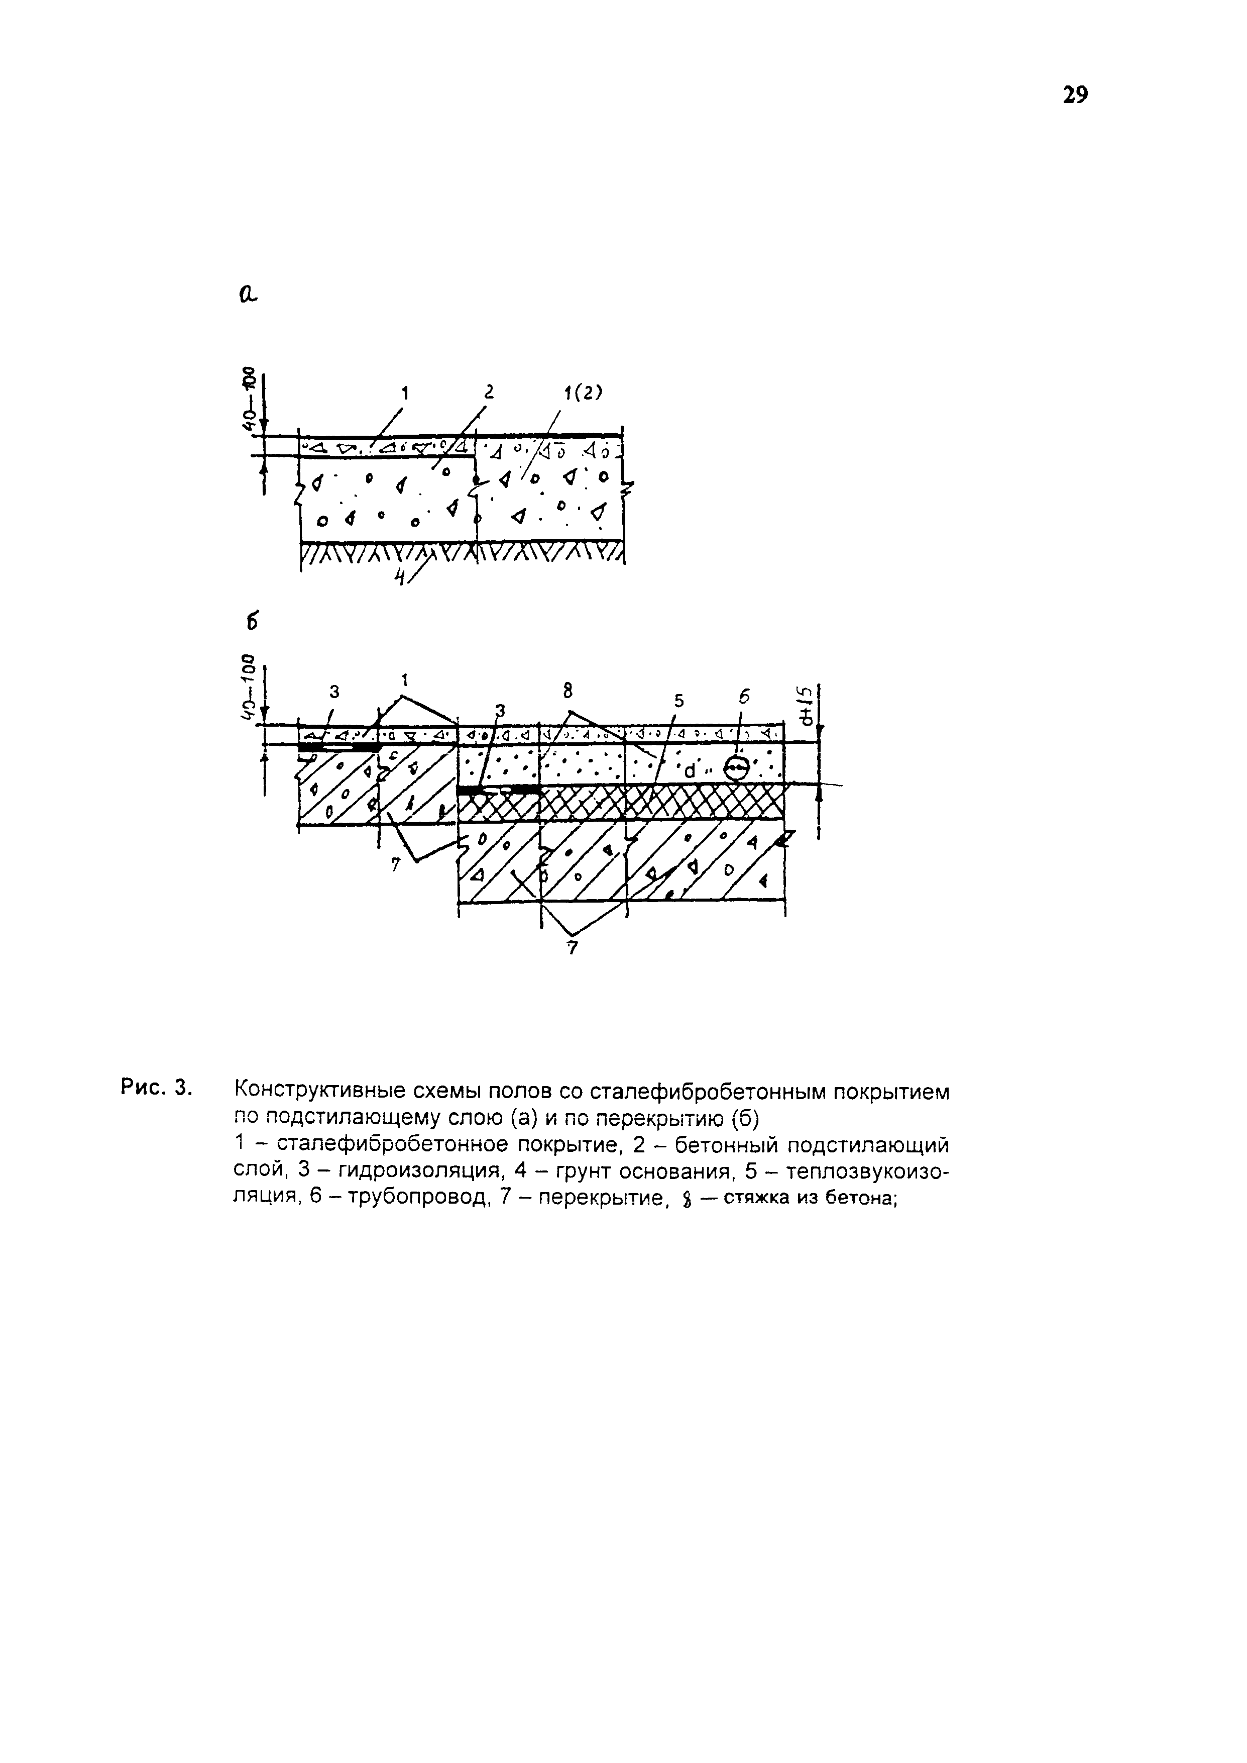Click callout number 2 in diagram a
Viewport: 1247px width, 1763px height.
pos(487,392)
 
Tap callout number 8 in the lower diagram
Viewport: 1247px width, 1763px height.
pos(568,692)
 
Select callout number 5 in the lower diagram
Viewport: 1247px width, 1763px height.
pos(678,701)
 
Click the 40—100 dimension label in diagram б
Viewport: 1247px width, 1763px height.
pos(247,687)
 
